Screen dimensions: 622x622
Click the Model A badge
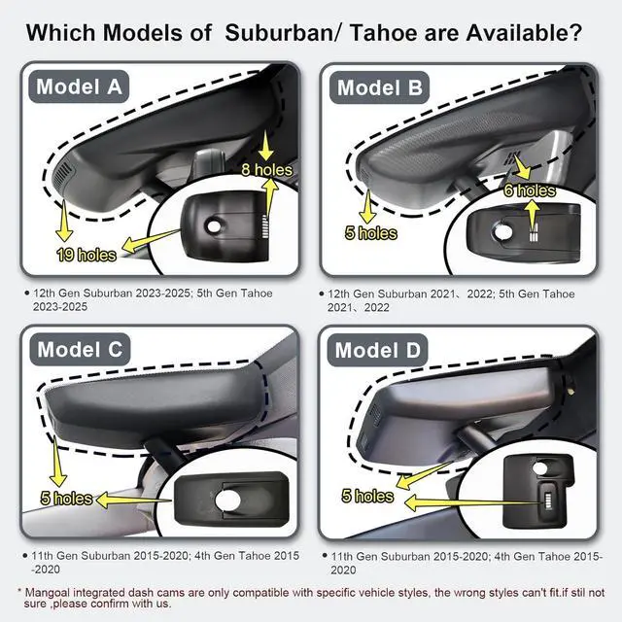click(81, 86)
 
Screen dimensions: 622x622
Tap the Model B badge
click(380, 88)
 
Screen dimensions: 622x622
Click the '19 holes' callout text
click(86, 255)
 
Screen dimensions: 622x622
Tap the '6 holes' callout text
click(530, 190)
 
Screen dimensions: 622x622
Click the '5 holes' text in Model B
click(371, 233)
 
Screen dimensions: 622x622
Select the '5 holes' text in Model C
click(67, 499)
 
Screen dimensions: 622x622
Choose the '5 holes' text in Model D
click(367, 496)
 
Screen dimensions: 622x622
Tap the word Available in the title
click(504, 32)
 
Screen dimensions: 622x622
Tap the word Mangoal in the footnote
click(51, 592)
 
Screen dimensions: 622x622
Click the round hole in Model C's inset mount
click(233, 500)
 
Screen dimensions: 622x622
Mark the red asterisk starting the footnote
click(20, 591)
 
